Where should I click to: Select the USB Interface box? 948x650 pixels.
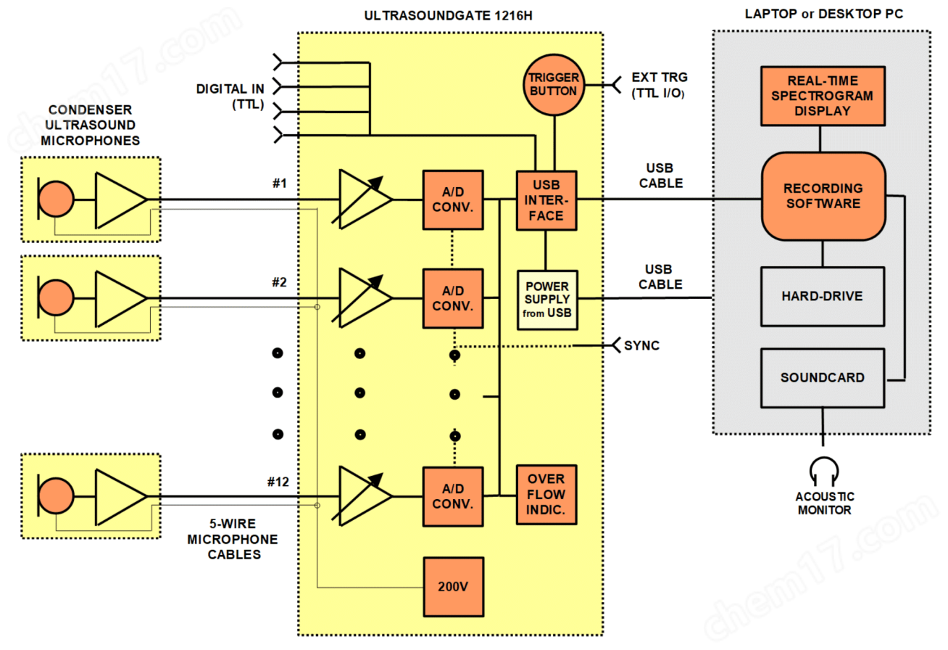(546, 200)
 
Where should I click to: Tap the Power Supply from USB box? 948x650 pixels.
(546, 300)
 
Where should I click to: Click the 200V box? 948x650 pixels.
(453, 587)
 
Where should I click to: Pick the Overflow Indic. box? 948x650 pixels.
(546, 495)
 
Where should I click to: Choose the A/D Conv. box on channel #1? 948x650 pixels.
(453, 200)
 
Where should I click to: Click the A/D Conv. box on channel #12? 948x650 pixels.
(453, 496)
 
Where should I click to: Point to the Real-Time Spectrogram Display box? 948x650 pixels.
(822, 96)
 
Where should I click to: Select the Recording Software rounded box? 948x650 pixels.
(822, 196)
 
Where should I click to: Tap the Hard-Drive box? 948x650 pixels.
(822, 296)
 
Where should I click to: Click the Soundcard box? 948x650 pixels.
(822, 377)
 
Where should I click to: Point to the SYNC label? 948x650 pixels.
(641, 345)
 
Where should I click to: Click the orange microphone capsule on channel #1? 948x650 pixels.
(56, 199)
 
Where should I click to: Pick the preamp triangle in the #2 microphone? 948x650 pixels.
(120, 298)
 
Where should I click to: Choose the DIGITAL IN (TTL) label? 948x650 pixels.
(230, 96)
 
